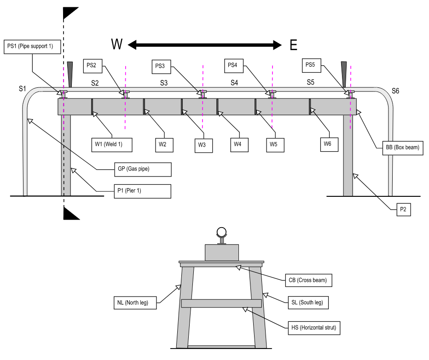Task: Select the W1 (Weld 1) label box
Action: click(x=112, y=144)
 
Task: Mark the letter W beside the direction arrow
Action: click(x=117, y=45)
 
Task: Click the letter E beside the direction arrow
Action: click(x=293, y=45)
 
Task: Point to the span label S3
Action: click(x=164, y=83)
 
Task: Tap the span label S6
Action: click(x=395, y=91)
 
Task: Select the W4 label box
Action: click(x=238, y=144)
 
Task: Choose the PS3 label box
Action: click(x=160, y=66)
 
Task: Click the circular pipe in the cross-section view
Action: click(x=222, y=232)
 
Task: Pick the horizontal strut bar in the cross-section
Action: click(x=221, y=303)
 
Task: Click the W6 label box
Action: click(x=327, y=144)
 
